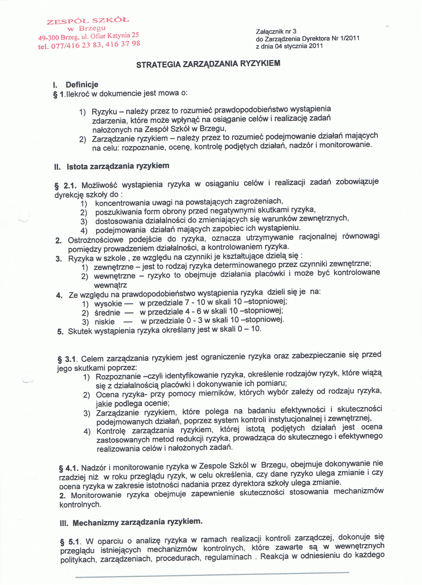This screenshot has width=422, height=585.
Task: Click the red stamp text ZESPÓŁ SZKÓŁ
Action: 88,21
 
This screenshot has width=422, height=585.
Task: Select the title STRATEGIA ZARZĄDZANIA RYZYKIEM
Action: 208,64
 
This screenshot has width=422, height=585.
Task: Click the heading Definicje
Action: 82,85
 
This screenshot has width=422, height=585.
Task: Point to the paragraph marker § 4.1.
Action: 69,468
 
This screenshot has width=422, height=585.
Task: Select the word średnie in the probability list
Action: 107,313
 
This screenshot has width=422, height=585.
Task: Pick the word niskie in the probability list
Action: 105,322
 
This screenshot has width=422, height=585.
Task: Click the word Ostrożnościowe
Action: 96,240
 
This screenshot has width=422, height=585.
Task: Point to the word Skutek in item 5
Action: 80,331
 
